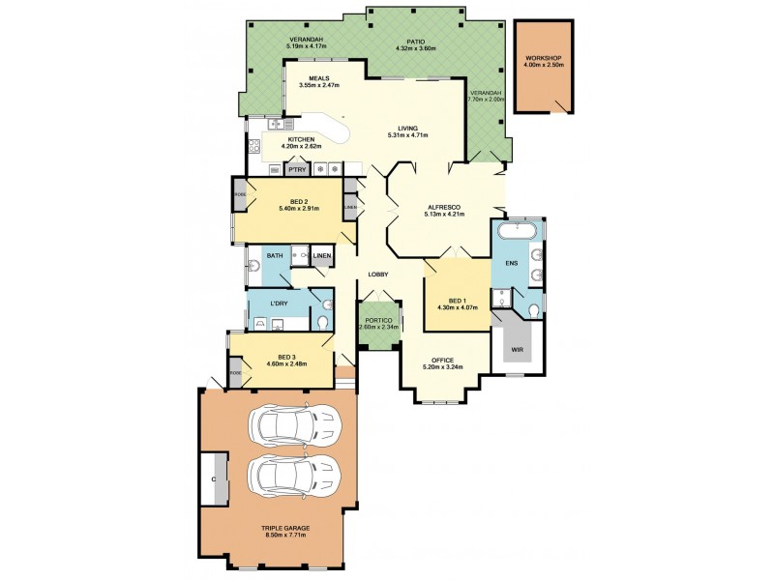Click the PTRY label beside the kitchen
(x=296, y=170)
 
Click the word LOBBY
(x=378, y=275)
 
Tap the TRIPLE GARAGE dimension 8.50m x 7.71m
(x=279, y=535)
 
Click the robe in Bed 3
(x=235, y=373)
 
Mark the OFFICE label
(x=443, y=360)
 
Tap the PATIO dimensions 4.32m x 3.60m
(x=416, y=47)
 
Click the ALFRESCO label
(x=445, y=206)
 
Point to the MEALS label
(x=320, y=78)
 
